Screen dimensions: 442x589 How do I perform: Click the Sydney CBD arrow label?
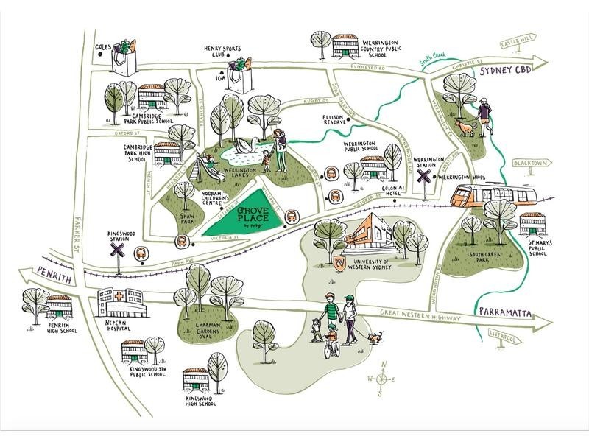[x=504, y=71]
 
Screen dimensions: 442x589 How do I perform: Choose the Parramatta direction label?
[x=505, y=312]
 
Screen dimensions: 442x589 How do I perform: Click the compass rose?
[x=382, y=379]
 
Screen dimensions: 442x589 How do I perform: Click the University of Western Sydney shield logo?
[x=340, y=262]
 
